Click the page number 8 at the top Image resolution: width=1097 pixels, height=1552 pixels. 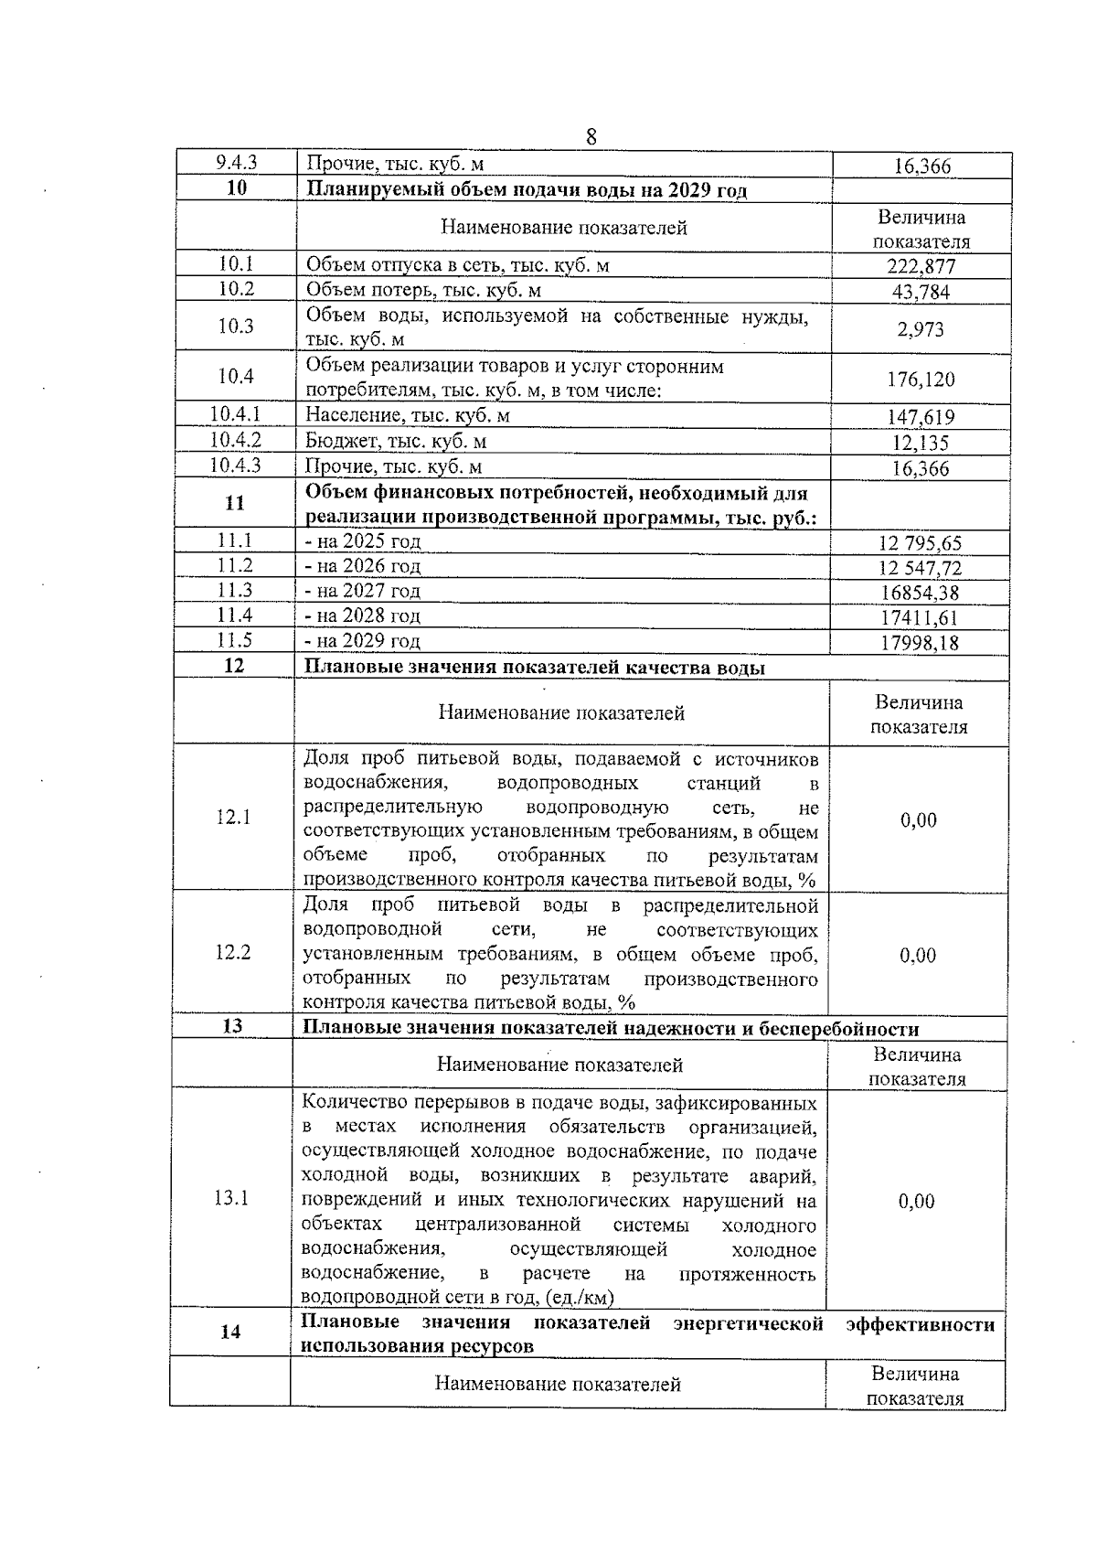[591, 137]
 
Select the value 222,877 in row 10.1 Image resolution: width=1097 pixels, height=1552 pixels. [921, 267]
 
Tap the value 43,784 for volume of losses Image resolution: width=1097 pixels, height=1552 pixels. [921, 293]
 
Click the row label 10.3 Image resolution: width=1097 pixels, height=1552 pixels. [236, 326]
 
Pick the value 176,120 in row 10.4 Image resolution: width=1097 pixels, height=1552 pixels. [921, 379]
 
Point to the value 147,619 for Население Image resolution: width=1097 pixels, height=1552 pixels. [921, 418]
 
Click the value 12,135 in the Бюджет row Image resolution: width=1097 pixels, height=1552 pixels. [921, 444]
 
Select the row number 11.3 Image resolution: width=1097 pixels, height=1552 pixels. [235, 591]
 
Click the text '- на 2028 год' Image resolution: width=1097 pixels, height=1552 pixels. [363, 615]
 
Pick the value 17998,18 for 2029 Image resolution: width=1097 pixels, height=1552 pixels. [920, 643]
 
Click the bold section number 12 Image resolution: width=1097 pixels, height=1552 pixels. [234, 666]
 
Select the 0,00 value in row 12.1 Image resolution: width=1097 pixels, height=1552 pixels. [919, 820]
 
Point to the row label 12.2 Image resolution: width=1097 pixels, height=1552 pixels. [233, 952]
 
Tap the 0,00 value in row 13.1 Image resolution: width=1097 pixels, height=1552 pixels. [917, 1201]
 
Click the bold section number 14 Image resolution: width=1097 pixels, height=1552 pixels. [230, 1332]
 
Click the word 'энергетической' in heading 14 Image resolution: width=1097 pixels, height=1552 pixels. [748, 1323]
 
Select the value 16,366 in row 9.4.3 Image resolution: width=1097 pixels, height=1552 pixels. [921, 166]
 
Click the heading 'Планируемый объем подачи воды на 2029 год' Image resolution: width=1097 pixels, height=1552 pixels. [526, 190]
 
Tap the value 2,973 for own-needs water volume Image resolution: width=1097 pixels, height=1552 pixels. [921, 329]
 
